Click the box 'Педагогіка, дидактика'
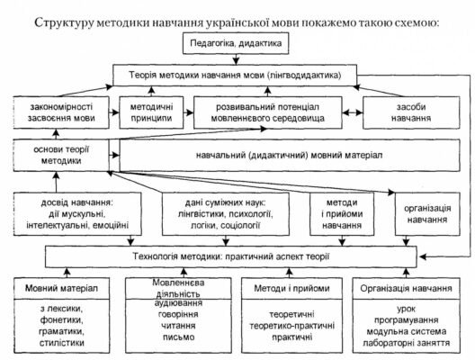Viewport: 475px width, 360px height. point(237,43)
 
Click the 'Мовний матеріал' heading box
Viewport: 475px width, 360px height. point(60,288)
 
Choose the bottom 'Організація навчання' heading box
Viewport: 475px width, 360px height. point(406,288)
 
